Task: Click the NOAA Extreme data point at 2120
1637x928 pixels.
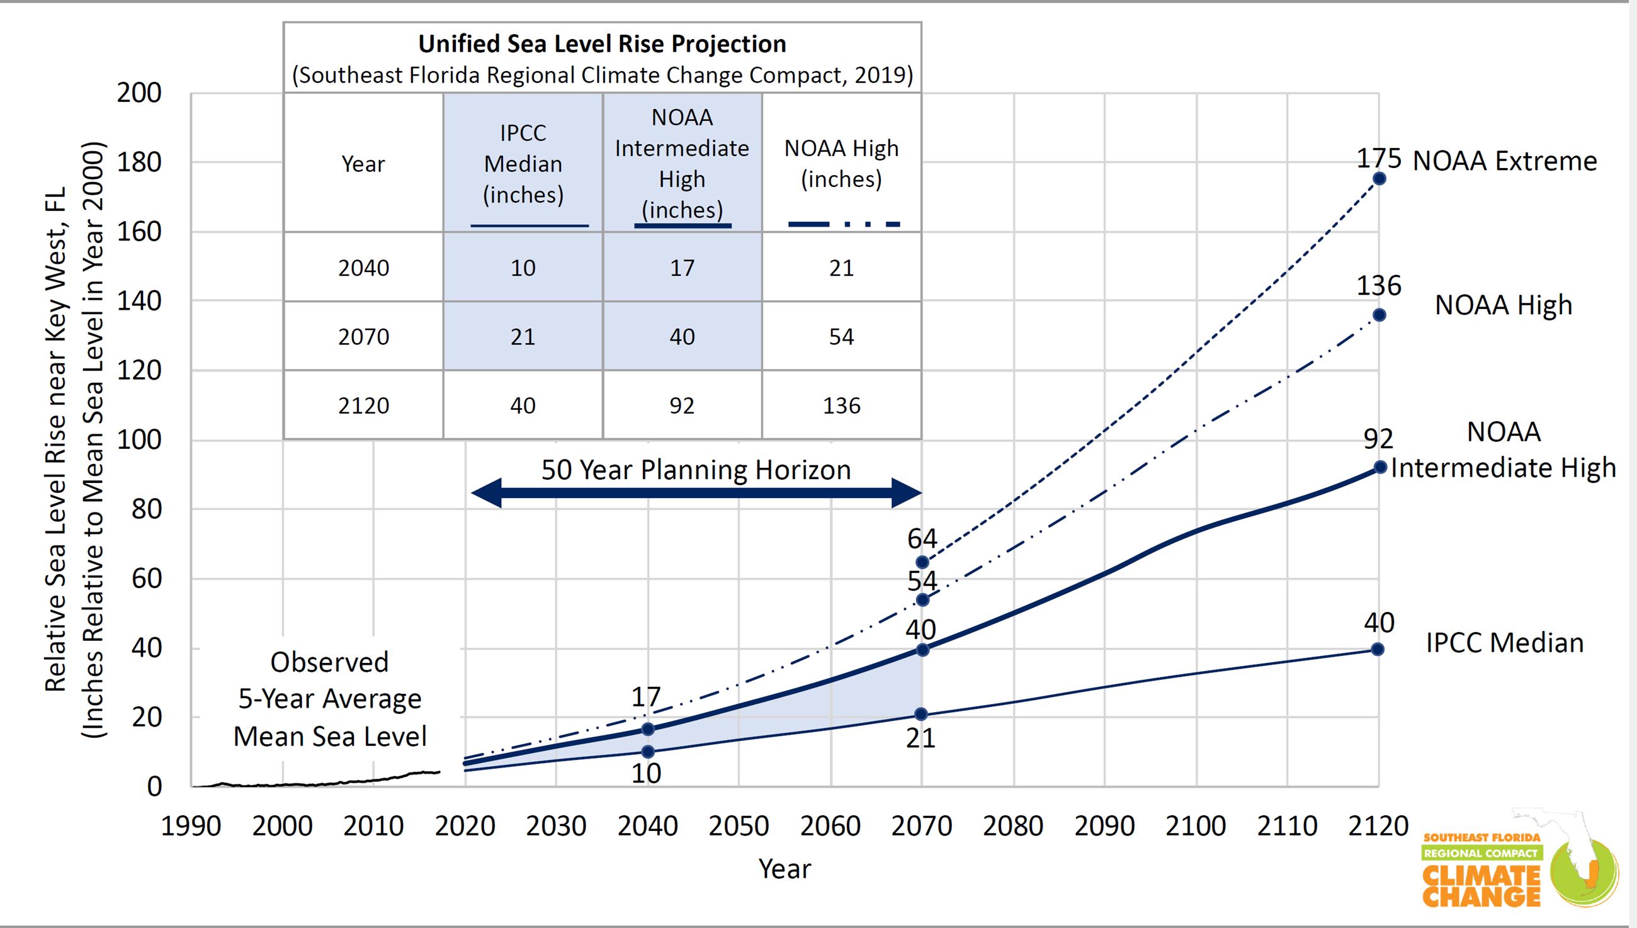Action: tap(1379, 178)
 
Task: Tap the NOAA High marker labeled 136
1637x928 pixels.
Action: tap(1379, 315)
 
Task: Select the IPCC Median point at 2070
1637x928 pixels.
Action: tap(921, 714)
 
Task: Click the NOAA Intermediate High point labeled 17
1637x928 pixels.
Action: tap(647, 729)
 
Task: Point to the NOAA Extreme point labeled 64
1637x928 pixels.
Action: tap(922, 562)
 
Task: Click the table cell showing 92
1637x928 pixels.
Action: tap(682, 405)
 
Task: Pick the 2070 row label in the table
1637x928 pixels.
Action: tap(363, 337)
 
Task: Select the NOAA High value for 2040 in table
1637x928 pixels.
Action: tap(841, 268)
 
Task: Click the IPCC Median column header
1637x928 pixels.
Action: tap(523, 163)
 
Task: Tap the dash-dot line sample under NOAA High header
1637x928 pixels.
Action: tap(844, 224)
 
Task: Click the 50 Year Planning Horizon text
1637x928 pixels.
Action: tap(696, 470)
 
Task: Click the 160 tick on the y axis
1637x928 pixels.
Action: tap(139, 231)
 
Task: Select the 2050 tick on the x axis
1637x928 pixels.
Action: tap(739, 826)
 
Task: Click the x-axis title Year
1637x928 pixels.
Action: tap(785, 869)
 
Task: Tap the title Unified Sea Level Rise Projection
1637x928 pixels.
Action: tap(601, 44)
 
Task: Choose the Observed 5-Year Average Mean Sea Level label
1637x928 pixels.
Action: tap(329, 699)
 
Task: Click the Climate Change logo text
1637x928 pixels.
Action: tap(1481, 885)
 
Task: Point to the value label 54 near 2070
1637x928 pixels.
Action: tap(922, 581)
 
